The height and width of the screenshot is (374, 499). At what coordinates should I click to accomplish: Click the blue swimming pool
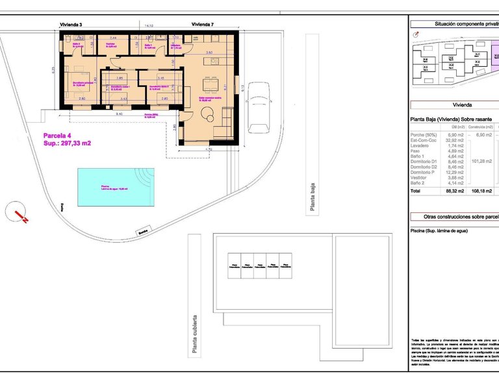click(x=114, y=187)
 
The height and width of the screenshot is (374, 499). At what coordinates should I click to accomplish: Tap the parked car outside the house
click(x=258, y=107)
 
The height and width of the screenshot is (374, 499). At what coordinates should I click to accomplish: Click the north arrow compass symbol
click(x=19, y=213)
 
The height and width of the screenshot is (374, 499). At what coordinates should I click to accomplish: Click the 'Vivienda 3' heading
click(x=70, y=24)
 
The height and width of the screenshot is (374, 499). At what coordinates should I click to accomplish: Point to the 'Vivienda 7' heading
click(x=203, y=24)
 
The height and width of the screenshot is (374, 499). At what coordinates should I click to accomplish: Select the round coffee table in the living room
click(x=209, y=115)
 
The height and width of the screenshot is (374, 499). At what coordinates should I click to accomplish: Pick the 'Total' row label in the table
click(x=416, y=192)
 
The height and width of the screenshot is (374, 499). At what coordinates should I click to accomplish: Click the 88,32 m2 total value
click(x=455, y=192)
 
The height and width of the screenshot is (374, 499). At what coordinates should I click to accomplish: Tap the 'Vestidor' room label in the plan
click(x=111, y=44)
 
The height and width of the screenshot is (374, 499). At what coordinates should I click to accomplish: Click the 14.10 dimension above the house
click(x=149, y=25)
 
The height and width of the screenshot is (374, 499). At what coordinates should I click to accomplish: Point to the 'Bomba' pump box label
click(x=143, y=231)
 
